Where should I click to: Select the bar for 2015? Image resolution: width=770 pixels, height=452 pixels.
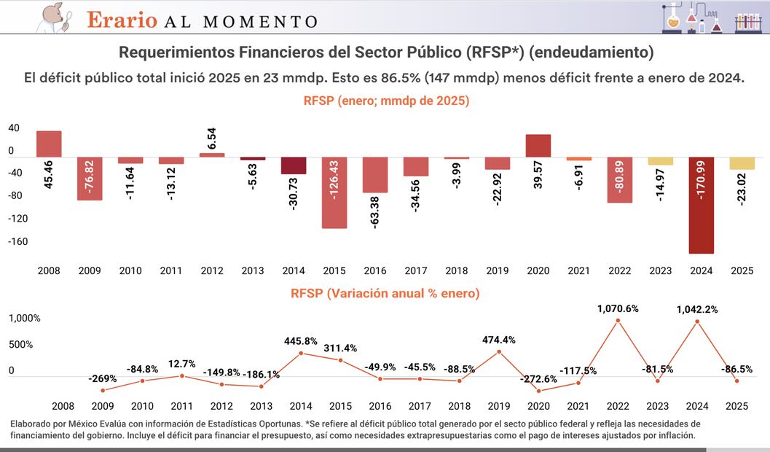click(x=334, y=192)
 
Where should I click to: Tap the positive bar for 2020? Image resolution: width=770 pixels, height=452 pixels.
click(x=538, y=146)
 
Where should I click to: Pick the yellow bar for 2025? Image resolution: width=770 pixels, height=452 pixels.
click(x=742, y=163)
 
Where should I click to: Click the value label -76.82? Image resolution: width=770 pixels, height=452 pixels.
click(x=90, y=178)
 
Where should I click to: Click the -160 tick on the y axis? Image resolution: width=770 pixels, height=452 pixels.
click(x=17, y=241)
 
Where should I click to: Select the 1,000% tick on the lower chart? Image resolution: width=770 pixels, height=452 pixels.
click(x=24, y=319)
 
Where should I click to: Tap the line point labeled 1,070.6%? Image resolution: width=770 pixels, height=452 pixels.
click(x=618, y=320)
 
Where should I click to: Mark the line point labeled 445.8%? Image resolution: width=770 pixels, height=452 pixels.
click(x=302, y=354)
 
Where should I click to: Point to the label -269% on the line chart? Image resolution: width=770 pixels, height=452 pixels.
click(x=103, y=379)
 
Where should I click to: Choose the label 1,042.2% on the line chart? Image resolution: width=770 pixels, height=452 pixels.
click(x=697, y=309)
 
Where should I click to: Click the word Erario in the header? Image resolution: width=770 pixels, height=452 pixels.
click(x=122, y=20)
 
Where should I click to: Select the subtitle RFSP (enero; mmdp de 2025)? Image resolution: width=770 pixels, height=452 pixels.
click(x=386, y=101)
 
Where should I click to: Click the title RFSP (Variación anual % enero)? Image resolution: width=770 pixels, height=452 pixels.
click(x=385, y=294)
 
